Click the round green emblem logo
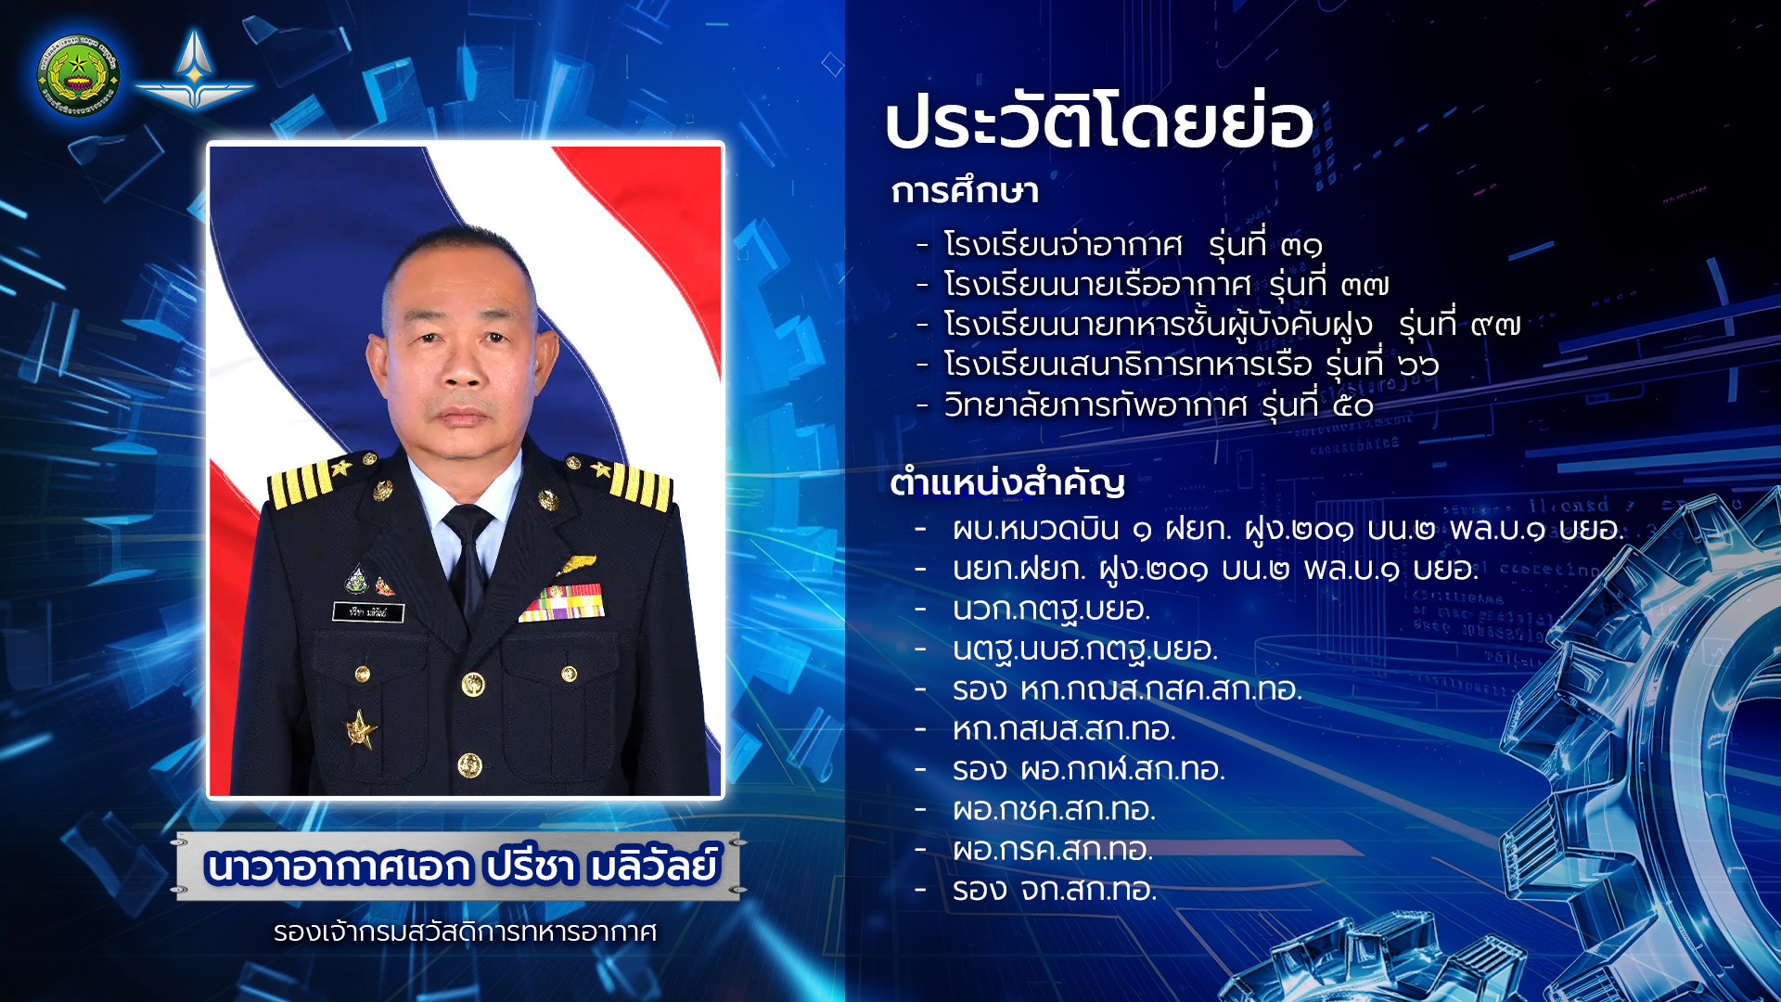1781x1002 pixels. pyautogui.click(x=78, y=75)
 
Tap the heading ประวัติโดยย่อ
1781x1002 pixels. pyautogui.click(x=1099, y=121)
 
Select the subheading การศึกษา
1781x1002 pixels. pyautogui.click(x=965, y=191)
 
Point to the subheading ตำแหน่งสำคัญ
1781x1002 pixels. pyautogui.click(x=1007, y=482)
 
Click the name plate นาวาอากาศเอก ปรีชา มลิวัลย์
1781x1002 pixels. pyautogui.click(x=461, y=866)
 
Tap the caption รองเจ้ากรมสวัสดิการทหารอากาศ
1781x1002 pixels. pyautogui.click(x=465, y=931)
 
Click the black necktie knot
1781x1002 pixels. pyautogui.click(x=468, y=525)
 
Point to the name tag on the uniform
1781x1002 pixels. pyautogui.click(x=368, y=611)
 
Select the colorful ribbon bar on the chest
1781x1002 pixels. pyautogui.click(x=562, y=602)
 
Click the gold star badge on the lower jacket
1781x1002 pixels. pyautogui.click(x=361, y=729)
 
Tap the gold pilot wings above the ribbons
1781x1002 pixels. pyautogui.click(x=576, y=564)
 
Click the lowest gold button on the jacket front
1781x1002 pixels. pyautogui.click(x=470, y=765)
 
